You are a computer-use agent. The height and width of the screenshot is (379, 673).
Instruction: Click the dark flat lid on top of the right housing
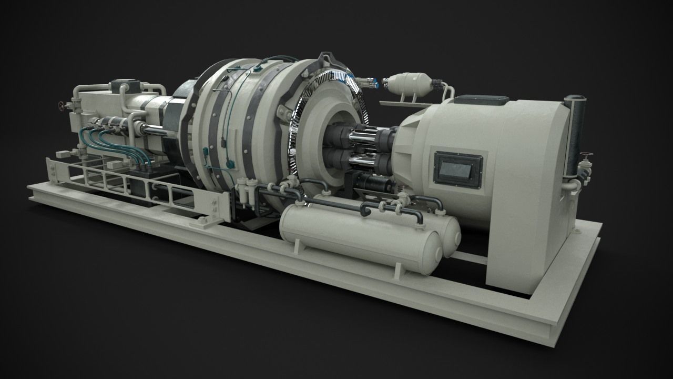[481, 99]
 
